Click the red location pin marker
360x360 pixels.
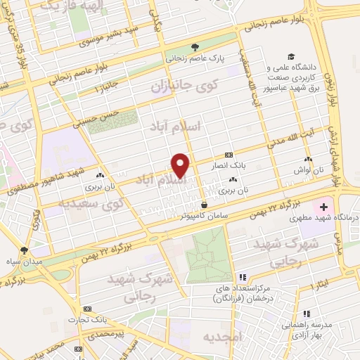(181, 165)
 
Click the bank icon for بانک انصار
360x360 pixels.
(228, 155)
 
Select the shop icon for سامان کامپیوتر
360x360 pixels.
(204, 205)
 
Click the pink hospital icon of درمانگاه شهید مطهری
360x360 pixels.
(323, 207)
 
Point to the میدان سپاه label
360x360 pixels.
(25, 262)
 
